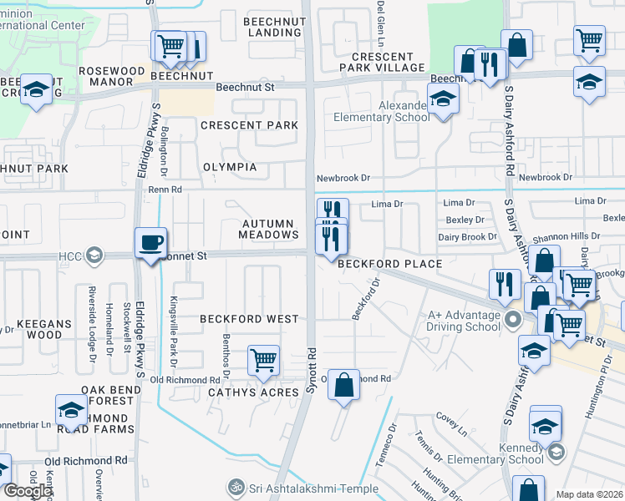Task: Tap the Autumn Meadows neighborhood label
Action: pos(267,230)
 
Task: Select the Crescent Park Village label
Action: pos(382,61)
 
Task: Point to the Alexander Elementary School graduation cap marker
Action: pos(443,101)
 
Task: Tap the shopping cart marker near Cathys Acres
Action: pos(263,362)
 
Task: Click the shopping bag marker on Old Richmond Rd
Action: pos(343,385)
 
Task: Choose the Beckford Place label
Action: pos(389,264)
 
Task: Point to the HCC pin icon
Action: pos(95,254)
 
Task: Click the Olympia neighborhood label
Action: pos(230,167)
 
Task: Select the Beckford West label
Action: pos(249,319)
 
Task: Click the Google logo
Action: pos(27,491)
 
